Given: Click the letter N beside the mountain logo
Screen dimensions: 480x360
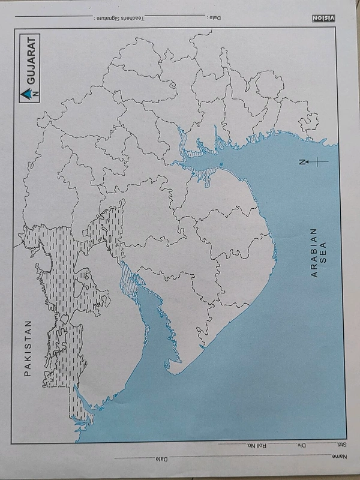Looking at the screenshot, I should coord(35,94).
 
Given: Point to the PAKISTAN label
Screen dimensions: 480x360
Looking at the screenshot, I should coord(27,348).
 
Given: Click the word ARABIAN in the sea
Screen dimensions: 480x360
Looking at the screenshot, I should coord(313,252).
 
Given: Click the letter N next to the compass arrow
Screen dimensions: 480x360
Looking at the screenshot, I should coord(304,161).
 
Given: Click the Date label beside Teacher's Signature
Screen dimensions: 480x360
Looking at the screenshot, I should coord(214,18).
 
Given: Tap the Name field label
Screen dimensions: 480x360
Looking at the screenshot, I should coord(339,457).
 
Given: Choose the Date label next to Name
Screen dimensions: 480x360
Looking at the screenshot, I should coord(160,460).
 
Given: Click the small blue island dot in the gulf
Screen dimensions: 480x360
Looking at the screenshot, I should coord(221,164).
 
